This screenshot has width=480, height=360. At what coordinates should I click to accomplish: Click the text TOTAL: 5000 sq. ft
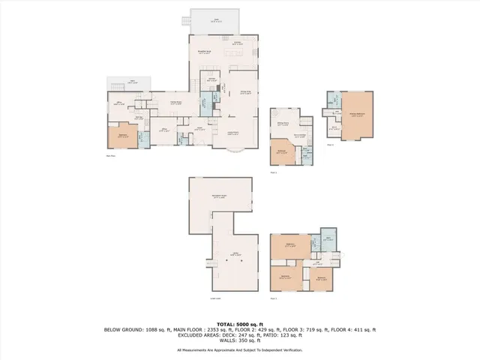pyautogui.click(x=240, y=324)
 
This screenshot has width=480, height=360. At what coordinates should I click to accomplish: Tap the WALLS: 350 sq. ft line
pyautogui.click(x=240, y=341)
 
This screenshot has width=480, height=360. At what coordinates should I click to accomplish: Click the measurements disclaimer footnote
pyautogui.click(x=240, y=349)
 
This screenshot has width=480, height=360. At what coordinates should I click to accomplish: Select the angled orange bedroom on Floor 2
pyautogui.click(x=283, y=151)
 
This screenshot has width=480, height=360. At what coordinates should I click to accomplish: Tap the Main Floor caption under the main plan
pyautogui.click(x=111, y=155)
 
